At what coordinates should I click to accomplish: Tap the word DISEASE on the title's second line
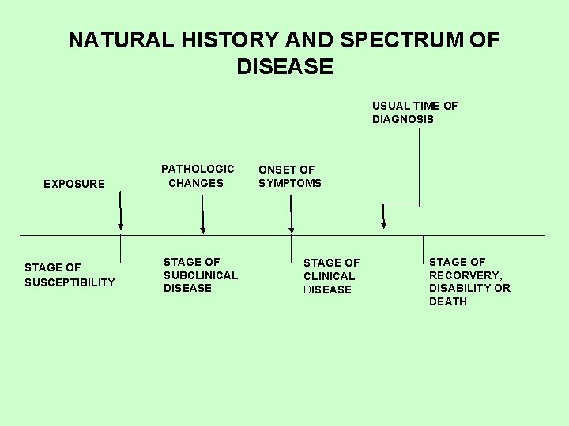pos(284,67)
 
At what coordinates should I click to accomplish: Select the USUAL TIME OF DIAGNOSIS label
pos(415,112)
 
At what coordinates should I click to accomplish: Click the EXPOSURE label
pos(74,184)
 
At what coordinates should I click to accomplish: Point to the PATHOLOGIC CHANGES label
pos(198,176)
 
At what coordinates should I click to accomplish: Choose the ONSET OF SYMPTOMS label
pos(290,176)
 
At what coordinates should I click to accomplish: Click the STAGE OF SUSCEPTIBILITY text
pos(70,275)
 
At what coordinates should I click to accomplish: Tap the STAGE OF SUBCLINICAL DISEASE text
pos(201,275)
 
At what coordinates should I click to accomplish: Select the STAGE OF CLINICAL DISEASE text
pos(331,276)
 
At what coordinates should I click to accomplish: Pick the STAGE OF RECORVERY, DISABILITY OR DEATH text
pos(469,281)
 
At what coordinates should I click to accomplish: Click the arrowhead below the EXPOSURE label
pos(121,227)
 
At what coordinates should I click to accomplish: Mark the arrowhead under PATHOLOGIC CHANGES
pos(203,229)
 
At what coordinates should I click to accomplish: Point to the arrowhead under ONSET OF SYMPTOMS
pos(292,229)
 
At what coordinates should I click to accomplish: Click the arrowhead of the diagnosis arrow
pos(384,225)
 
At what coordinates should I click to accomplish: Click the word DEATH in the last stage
pos(448,301)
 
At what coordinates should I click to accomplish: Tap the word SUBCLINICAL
pos(201,275)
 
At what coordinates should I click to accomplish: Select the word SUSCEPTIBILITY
pos(70,282)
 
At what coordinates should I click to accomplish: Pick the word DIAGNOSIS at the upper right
pos(403,119)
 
